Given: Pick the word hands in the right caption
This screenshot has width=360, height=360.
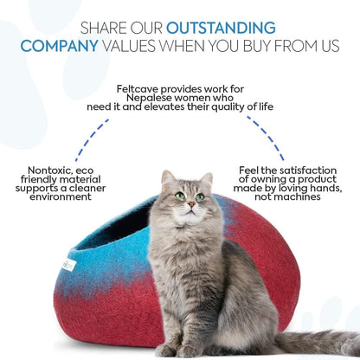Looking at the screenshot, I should [321, 188].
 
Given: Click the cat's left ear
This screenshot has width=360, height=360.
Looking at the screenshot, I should [168, 177].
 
